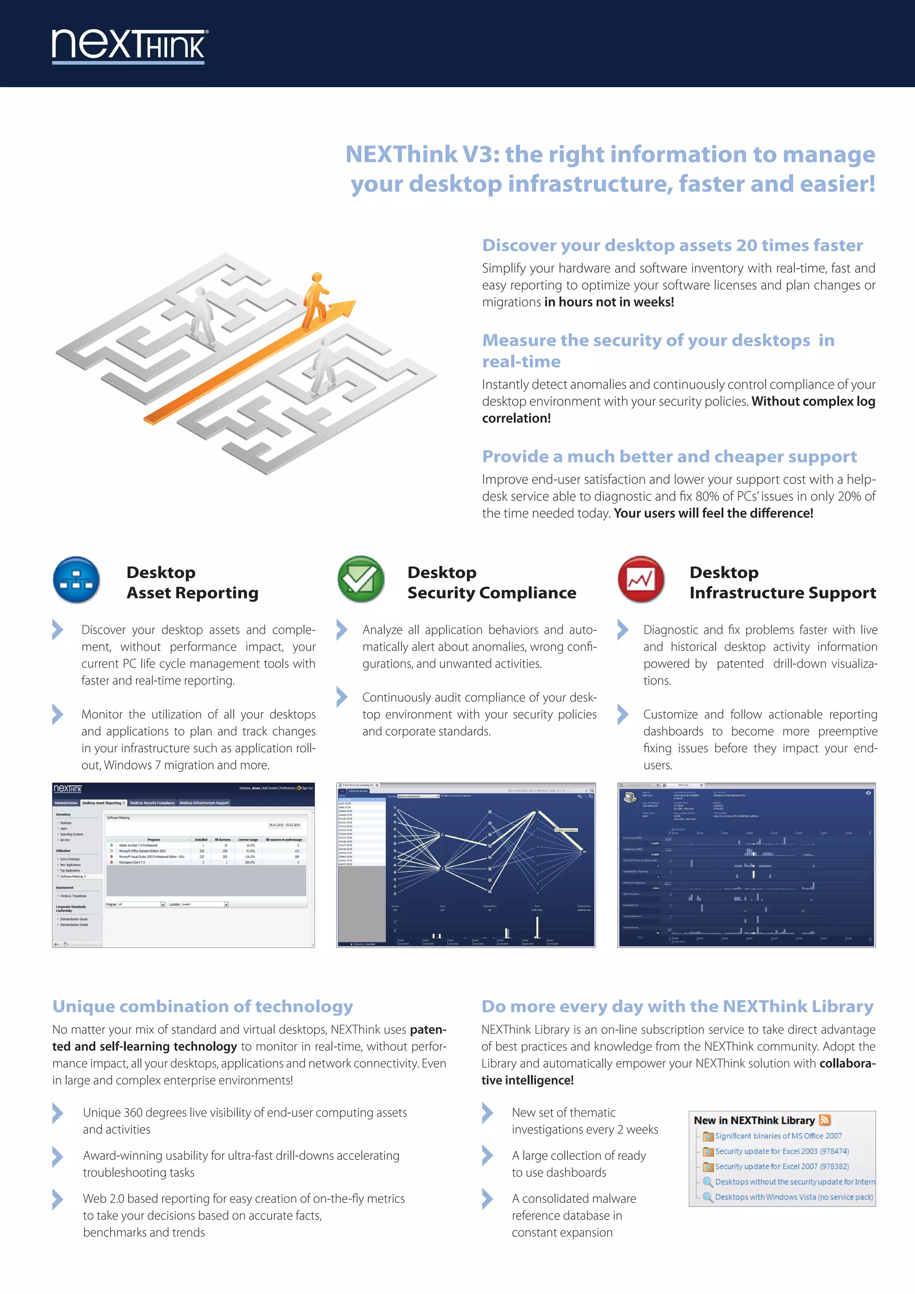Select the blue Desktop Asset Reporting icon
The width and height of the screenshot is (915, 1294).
[76, 580]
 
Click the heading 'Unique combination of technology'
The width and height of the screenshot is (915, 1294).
[202, 1007]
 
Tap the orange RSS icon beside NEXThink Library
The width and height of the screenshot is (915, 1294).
[825, 1120]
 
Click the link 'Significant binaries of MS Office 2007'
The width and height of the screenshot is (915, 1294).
[778, 1136]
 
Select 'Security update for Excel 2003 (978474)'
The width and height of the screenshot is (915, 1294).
[781, 1151]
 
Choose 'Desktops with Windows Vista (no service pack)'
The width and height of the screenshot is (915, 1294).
[794, 1197]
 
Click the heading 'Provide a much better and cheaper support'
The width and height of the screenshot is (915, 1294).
[669, 457]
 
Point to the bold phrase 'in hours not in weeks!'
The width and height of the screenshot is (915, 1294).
[609, 302]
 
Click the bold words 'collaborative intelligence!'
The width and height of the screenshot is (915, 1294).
[527, 1080]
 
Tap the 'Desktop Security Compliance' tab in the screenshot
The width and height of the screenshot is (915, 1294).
[152, 802]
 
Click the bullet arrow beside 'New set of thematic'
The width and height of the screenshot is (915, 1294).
[487, 1113]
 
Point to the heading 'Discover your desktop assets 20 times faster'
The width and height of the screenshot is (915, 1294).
[672, 245]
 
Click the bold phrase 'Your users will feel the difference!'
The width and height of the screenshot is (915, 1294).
[714, 513]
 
